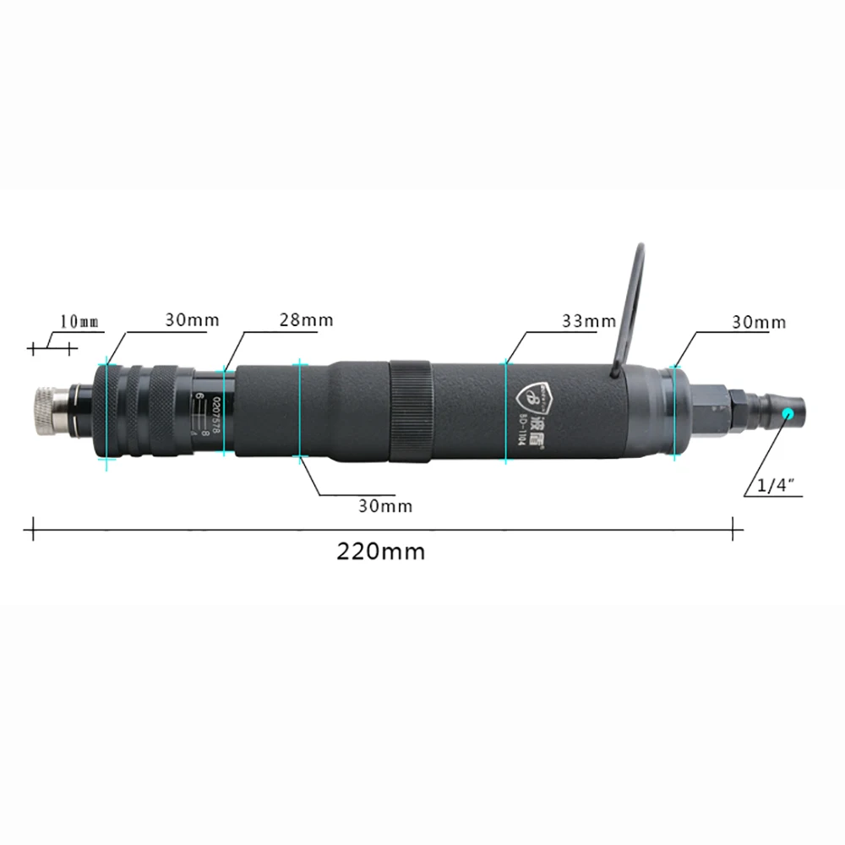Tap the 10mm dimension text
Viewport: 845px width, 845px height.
tap(79, 321)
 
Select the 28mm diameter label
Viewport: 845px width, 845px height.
tap(306, 320)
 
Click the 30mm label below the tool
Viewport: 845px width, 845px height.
tap(384, 505)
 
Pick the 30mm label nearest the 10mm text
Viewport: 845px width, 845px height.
tap(192, 319)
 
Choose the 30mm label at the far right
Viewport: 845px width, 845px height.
tap(758, 322)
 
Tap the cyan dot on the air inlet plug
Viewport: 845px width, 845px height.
tap(788, 413)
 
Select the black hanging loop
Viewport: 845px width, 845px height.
tap(630, 304)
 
